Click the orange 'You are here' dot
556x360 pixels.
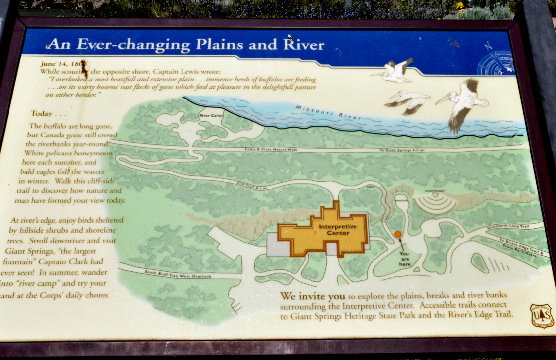click(397, 234)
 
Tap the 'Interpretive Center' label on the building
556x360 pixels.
click(338, 230)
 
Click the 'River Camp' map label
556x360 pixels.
click(211, 115)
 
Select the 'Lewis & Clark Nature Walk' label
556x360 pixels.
click(271, 149)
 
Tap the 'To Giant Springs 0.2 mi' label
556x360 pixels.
click(402, 150)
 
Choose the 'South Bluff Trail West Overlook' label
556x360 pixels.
click(178, 274)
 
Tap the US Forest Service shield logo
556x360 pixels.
click(542, 315)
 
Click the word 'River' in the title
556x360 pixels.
click(304, 45)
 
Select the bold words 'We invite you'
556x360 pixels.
click(312, 297)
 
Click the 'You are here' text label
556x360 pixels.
click(404, 259)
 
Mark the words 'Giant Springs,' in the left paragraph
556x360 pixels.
click(26, 251)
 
